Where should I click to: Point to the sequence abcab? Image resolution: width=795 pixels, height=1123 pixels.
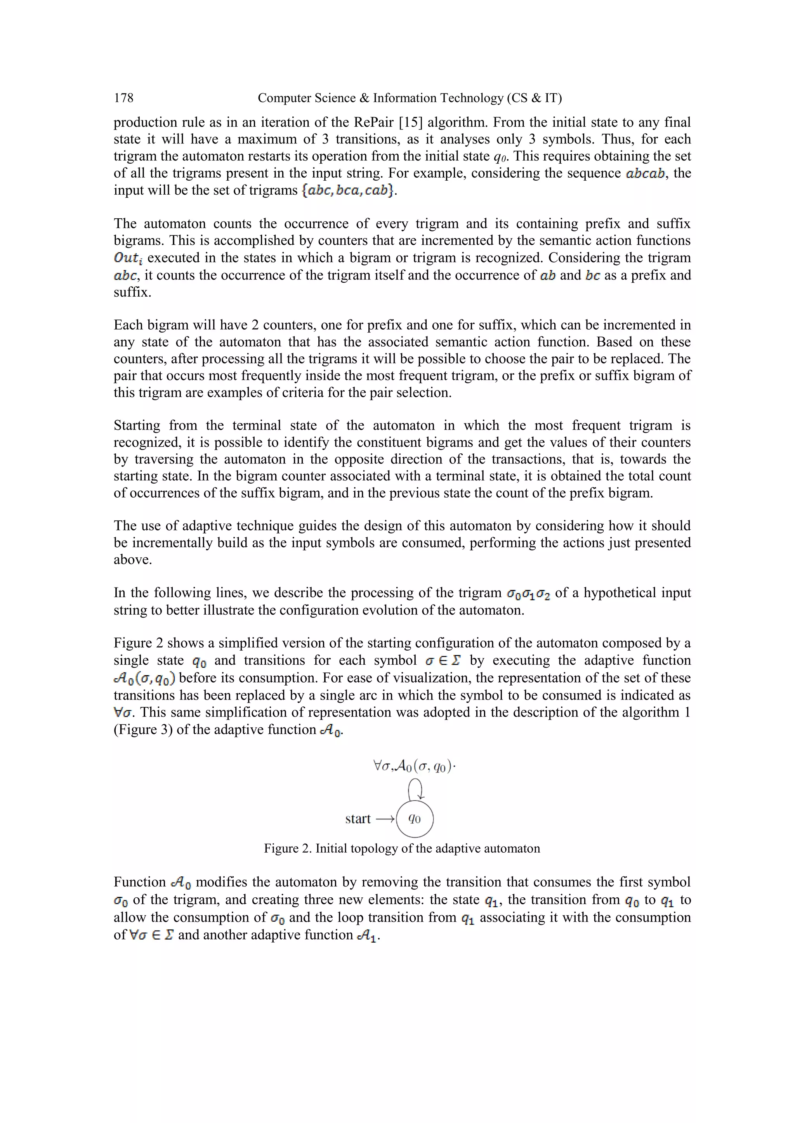point(645,173)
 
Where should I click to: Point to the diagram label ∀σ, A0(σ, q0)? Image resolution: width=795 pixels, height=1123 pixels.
point(414,766)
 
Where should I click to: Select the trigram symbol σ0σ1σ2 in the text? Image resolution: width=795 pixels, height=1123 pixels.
point(528,594)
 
